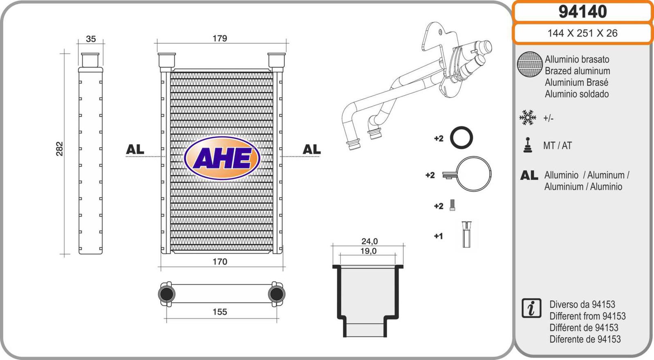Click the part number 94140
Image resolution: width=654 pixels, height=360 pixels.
583,12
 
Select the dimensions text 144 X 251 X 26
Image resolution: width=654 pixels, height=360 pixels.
582,33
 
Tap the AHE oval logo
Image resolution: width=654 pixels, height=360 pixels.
222,158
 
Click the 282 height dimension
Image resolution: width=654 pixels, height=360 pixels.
59,149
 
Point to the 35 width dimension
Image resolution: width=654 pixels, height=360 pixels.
91,39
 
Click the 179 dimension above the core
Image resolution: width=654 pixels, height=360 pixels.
220,38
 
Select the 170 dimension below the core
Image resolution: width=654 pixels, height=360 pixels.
220,261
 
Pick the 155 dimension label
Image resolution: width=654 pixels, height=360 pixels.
220,312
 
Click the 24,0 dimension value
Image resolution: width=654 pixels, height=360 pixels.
370,241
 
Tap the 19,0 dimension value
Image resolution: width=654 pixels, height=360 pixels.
368,251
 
